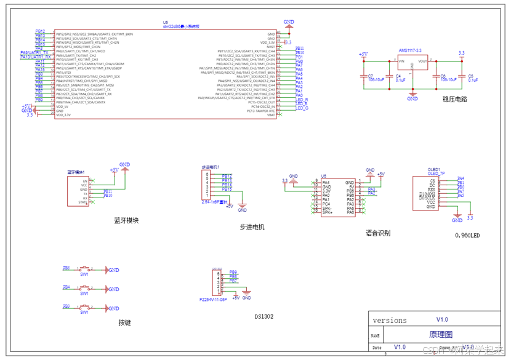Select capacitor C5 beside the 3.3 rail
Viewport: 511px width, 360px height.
(462, 76)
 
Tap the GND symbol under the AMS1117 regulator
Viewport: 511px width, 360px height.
(412, 97)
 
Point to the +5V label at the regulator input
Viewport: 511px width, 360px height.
(363, 54)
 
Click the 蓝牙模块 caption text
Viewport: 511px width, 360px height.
(126, 220)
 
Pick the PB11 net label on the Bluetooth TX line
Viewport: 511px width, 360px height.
(108, 191)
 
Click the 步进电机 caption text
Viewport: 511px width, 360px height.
(252, 227)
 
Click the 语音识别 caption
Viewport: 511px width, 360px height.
(378, 233)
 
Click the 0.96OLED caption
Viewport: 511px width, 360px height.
(467, 235)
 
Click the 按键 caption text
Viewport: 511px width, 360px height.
(125, 322)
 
